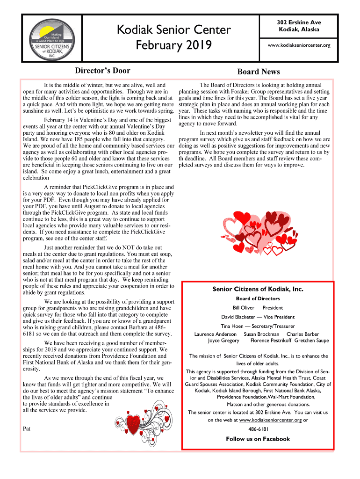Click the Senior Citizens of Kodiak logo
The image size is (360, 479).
(52, 39)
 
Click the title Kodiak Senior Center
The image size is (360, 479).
(174, 30)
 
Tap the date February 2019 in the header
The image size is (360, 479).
(174, 46)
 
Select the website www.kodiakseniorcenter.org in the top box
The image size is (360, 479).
(299, 45)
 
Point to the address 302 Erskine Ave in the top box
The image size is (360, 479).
(299, 22)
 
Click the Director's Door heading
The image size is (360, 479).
(103, 71)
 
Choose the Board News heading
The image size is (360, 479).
(259, 72)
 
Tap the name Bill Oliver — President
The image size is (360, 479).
(258, 308)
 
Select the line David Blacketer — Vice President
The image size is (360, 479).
(258, 317)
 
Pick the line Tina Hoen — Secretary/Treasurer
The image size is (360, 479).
(258, 326)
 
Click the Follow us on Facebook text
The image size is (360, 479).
(258, 439)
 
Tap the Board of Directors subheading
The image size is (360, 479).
(258, 298)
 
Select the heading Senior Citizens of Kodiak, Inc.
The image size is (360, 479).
(258, 289)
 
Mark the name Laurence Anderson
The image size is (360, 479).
(216, 334)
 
